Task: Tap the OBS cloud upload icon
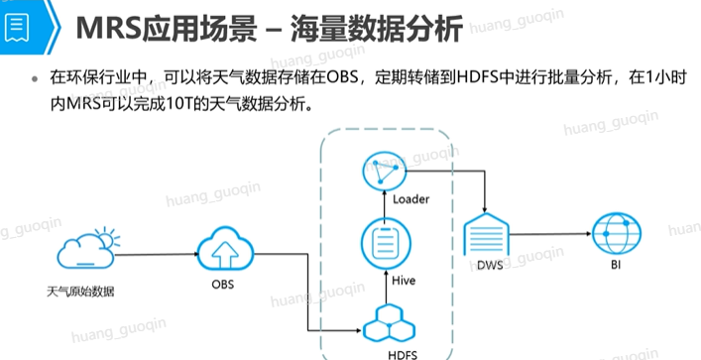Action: point(225,250)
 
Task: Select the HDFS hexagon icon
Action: point(386,323)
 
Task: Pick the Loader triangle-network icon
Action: point(385,171)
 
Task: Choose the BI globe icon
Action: point(617,233)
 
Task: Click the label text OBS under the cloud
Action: point(223,284)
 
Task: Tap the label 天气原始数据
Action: point(80,293)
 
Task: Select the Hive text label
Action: point(404,281)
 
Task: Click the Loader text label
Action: point(410,199)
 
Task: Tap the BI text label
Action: point(616,265)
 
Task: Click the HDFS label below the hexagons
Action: point(403,355)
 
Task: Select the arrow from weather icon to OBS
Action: point(157,255)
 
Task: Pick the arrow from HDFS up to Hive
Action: point(386,287)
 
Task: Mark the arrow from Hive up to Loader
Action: point(385,204)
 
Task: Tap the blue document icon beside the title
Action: point(17,28)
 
